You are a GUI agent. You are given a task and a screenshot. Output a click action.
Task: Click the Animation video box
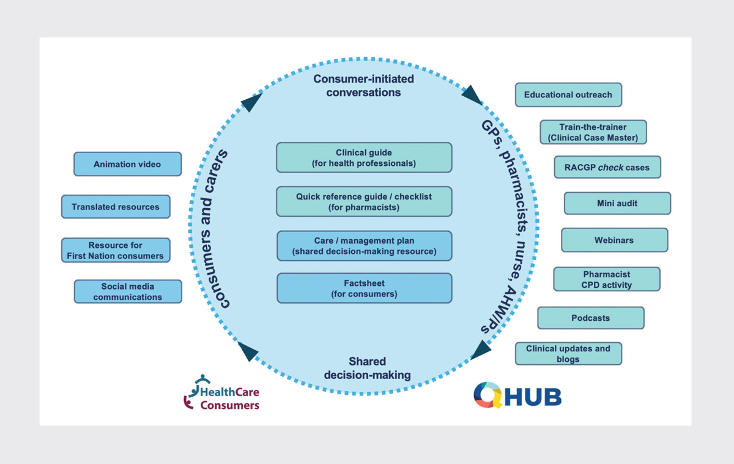point(127,164)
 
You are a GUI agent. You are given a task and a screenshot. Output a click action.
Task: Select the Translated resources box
point(116,206)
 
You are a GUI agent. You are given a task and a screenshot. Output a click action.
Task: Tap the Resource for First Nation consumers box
point(116,250)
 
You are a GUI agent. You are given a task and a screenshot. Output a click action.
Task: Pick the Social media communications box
point(128,291)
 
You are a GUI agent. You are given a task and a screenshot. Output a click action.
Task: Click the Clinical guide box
point(364,157)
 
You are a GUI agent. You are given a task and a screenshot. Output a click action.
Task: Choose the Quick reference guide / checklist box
point(364,201)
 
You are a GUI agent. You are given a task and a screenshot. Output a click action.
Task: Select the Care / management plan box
point(365,246)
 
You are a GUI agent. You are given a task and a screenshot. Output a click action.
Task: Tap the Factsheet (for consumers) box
point(365,288)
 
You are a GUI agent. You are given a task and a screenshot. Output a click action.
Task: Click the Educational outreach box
point(568,95)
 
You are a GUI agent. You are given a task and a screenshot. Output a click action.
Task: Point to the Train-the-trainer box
point(593,132)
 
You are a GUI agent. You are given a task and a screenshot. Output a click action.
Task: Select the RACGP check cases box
point(607,167)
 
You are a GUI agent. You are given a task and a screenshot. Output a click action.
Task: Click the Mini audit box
point(617,203)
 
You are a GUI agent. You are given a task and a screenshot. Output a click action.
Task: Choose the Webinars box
point(614,240)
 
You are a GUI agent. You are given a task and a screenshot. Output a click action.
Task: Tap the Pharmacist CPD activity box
point(607,279)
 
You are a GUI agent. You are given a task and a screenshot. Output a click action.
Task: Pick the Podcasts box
point(591,318)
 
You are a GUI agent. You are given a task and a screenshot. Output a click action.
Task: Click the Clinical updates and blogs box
point(568,353)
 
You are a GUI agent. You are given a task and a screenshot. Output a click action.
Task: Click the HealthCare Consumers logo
point(221,392)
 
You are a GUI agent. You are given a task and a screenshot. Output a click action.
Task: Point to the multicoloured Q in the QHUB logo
point(488,395)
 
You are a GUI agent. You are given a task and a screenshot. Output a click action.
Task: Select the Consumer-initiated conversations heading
point(364,86)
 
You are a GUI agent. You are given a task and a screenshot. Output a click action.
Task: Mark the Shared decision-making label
point(368,369)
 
